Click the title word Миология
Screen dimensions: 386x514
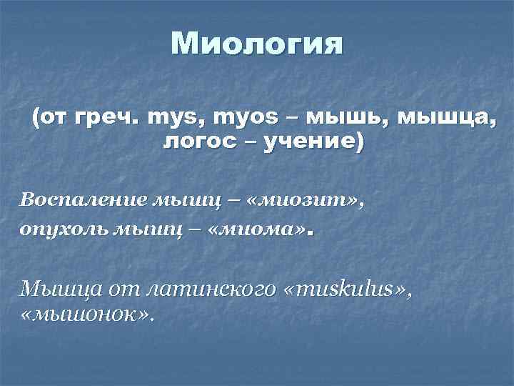(257, 45)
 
